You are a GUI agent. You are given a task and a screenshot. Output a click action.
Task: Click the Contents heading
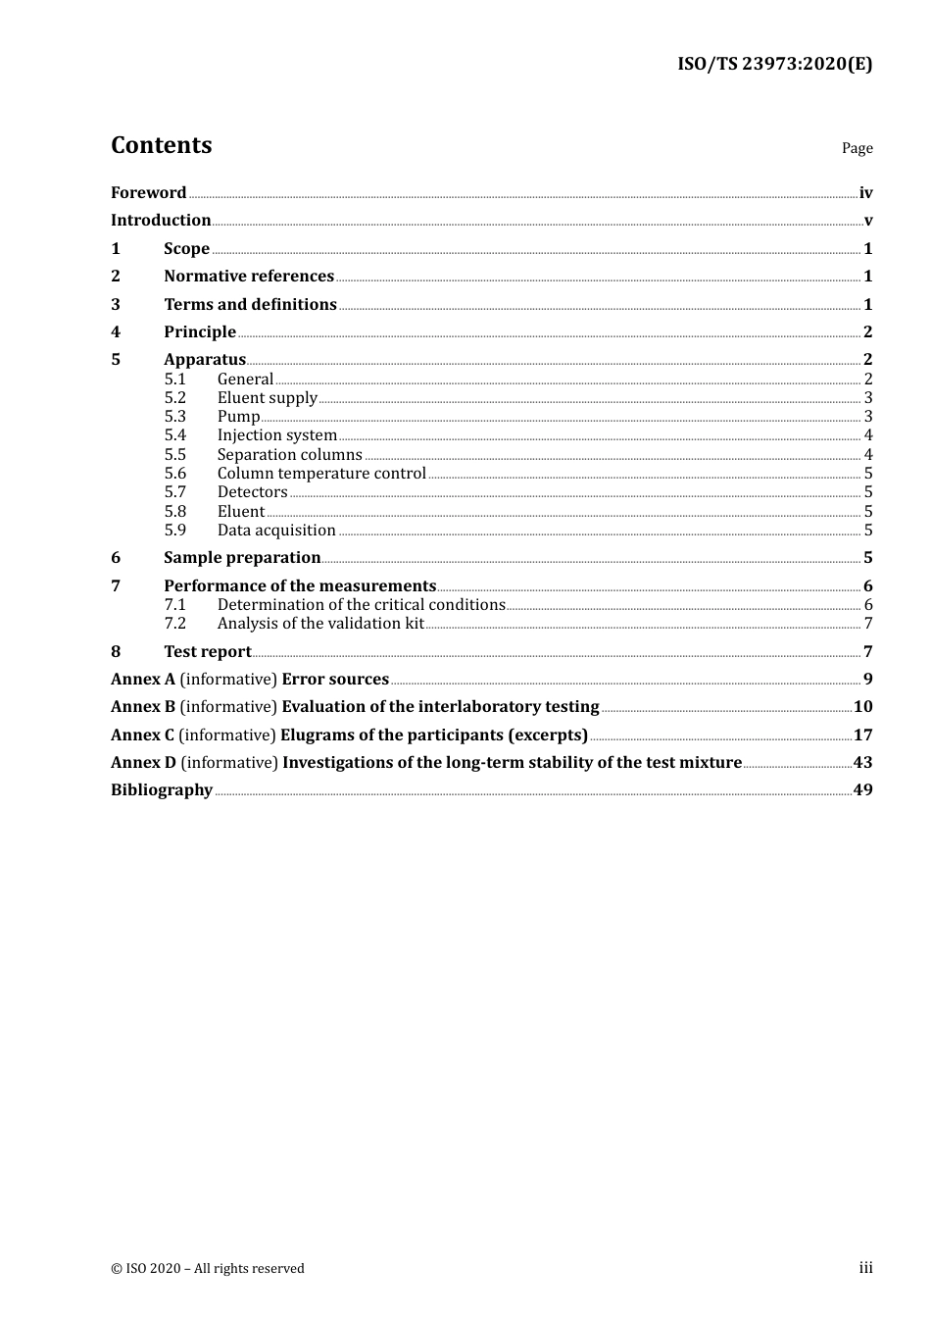(161, 145)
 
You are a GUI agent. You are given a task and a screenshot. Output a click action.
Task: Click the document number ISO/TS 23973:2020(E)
(774, 65)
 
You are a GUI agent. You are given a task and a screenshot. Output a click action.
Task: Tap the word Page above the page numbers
(857, 148)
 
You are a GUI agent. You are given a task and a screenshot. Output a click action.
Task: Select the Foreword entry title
(148, 193)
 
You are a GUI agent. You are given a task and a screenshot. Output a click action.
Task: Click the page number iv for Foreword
(865, 193)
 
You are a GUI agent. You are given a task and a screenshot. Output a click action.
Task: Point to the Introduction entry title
(161, 221)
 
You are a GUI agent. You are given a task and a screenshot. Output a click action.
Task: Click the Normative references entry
(249, 277)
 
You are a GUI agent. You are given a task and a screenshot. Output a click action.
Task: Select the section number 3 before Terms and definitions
(116, 305)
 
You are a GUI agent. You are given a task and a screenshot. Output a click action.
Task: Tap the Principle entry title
(200, 332)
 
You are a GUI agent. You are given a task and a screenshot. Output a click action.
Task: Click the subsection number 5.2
(174, 398)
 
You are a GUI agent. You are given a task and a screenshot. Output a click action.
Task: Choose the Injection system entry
(276, 435)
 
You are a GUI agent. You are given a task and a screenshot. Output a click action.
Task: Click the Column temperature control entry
(321, 474)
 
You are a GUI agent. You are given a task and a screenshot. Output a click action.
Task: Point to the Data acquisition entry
(276, 531)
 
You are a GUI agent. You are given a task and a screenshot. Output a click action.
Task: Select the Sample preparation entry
(242, 558)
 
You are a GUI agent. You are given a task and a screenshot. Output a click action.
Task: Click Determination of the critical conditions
(361, 605)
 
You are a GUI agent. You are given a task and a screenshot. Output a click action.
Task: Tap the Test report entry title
(207, 652)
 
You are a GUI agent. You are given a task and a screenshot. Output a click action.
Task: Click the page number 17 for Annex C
(862, 735)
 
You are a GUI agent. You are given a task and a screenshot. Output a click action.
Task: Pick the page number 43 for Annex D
(862, 763)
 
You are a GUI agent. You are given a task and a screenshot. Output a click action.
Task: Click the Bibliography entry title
(162, 790)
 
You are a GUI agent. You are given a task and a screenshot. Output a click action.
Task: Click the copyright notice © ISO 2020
(208, 1269)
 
